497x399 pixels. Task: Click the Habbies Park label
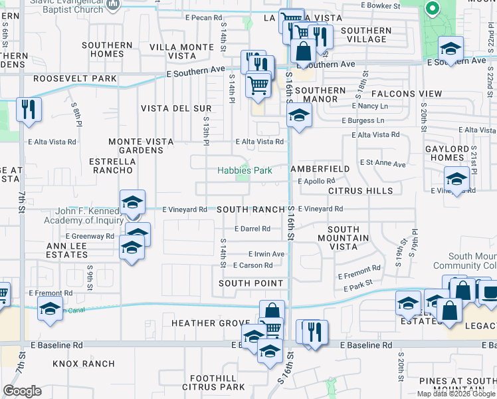(245, 170)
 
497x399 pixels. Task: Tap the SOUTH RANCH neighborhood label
(250, 209)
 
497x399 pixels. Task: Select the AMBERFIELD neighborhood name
(320, 170)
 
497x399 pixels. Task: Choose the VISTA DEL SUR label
(176, 108)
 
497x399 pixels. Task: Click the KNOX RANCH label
(84, 364)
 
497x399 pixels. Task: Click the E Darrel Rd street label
(252, 229)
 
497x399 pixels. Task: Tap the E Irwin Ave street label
(266, 254)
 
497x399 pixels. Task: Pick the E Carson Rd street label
(253, 265)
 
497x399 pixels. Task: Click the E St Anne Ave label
(383, 163)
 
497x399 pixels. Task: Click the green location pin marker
(433, 9)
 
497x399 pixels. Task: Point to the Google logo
(23, 391)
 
